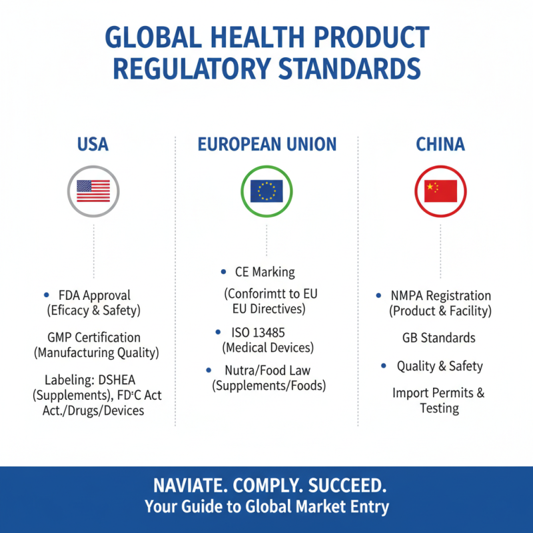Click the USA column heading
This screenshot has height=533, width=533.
click(93, 145)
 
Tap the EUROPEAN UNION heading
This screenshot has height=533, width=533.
click(266, 145)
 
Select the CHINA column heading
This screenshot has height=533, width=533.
click(440, 145)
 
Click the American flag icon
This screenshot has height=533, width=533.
click(93, 191)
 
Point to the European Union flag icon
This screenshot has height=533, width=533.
click(266, 191)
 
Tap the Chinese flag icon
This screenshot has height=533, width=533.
click(440, 191)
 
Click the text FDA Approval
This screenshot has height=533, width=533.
click(95, 295)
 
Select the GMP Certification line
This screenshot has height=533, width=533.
click(94, 337)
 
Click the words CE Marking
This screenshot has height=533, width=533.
click(265, 272)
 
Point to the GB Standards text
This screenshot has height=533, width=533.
click(439, 338)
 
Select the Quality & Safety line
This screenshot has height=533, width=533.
click(440, 366)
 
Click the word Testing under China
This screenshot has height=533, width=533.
click(439, 408)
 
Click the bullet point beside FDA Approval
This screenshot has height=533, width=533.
click(46, 294)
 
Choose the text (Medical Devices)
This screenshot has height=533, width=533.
click(267, 347)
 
